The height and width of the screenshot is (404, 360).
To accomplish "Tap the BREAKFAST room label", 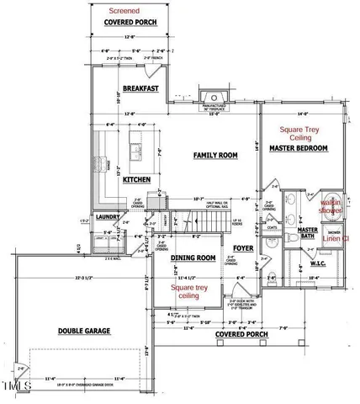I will tap(140, 88).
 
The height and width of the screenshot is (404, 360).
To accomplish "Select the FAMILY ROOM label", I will tap(214, 156).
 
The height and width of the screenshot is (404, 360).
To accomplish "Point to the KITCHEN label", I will tap(137, 179).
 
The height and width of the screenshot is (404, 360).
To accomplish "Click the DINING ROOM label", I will tap(195, 258).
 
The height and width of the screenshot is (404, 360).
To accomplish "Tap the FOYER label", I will tap(243, 248).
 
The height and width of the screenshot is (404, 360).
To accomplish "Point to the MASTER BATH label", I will tap(307, 233).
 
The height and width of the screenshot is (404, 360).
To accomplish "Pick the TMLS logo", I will tap(14, 387).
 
